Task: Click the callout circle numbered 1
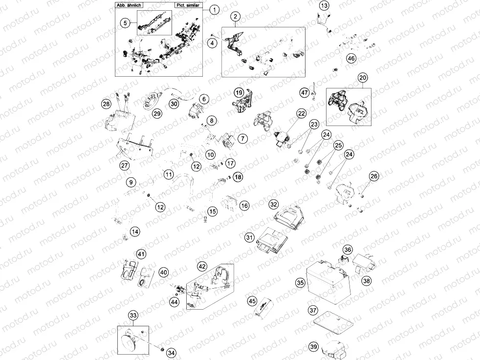[x=214, y=9]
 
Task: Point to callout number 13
[x=325, y=5]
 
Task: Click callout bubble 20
[x=363, y=78]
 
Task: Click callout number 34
[x=171, y=352]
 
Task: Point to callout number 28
[x=106, y=104]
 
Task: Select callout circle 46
[x=351, y=58]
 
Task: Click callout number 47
[x=304, y=92]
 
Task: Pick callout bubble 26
[x=374, y=176]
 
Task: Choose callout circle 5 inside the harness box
[x=125, y=22]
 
